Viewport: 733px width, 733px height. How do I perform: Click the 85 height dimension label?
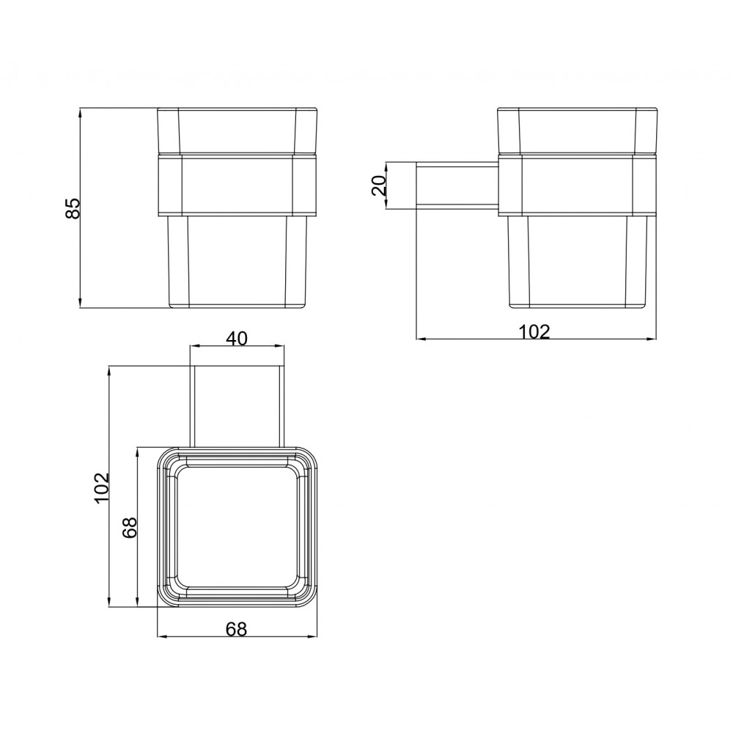[73, 208]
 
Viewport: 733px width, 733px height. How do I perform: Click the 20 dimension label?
[380, 185]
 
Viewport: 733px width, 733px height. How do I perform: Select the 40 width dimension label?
[237, 337]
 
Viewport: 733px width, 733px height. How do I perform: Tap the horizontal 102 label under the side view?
[535, 331]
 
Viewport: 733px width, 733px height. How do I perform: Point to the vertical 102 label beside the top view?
[101, 487]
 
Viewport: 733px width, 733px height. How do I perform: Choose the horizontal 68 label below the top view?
[237, 629]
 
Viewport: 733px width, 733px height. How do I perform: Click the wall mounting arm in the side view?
[457, 185]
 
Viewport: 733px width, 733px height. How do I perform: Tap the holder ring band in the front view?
[238, 185]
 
